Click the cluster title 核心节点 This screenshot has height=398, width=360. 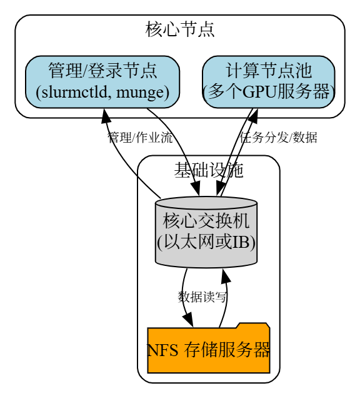click(180, 29)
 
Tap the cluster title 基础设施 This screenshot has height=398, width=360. click(208, 169)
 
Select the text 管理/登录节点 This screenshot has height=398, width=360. click(102, 70)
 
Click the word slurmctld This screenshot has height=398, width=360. click(72, 93)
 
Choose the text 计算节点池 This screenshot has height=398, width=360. click(268, 70)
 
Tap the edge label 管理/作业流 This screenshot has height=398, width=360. click(140, 138)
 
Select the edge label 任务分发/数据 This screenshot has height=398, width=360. click(278, 138)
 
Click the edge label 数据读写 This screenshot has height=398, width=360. click(202, 297)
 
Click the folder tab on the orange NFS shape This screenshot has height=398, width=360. click(252, 325)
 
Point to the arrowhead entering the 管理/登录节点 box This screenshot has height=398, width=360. click(104, 115)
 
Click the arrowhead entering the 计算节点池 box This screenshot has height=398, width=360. click(254, 115)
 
